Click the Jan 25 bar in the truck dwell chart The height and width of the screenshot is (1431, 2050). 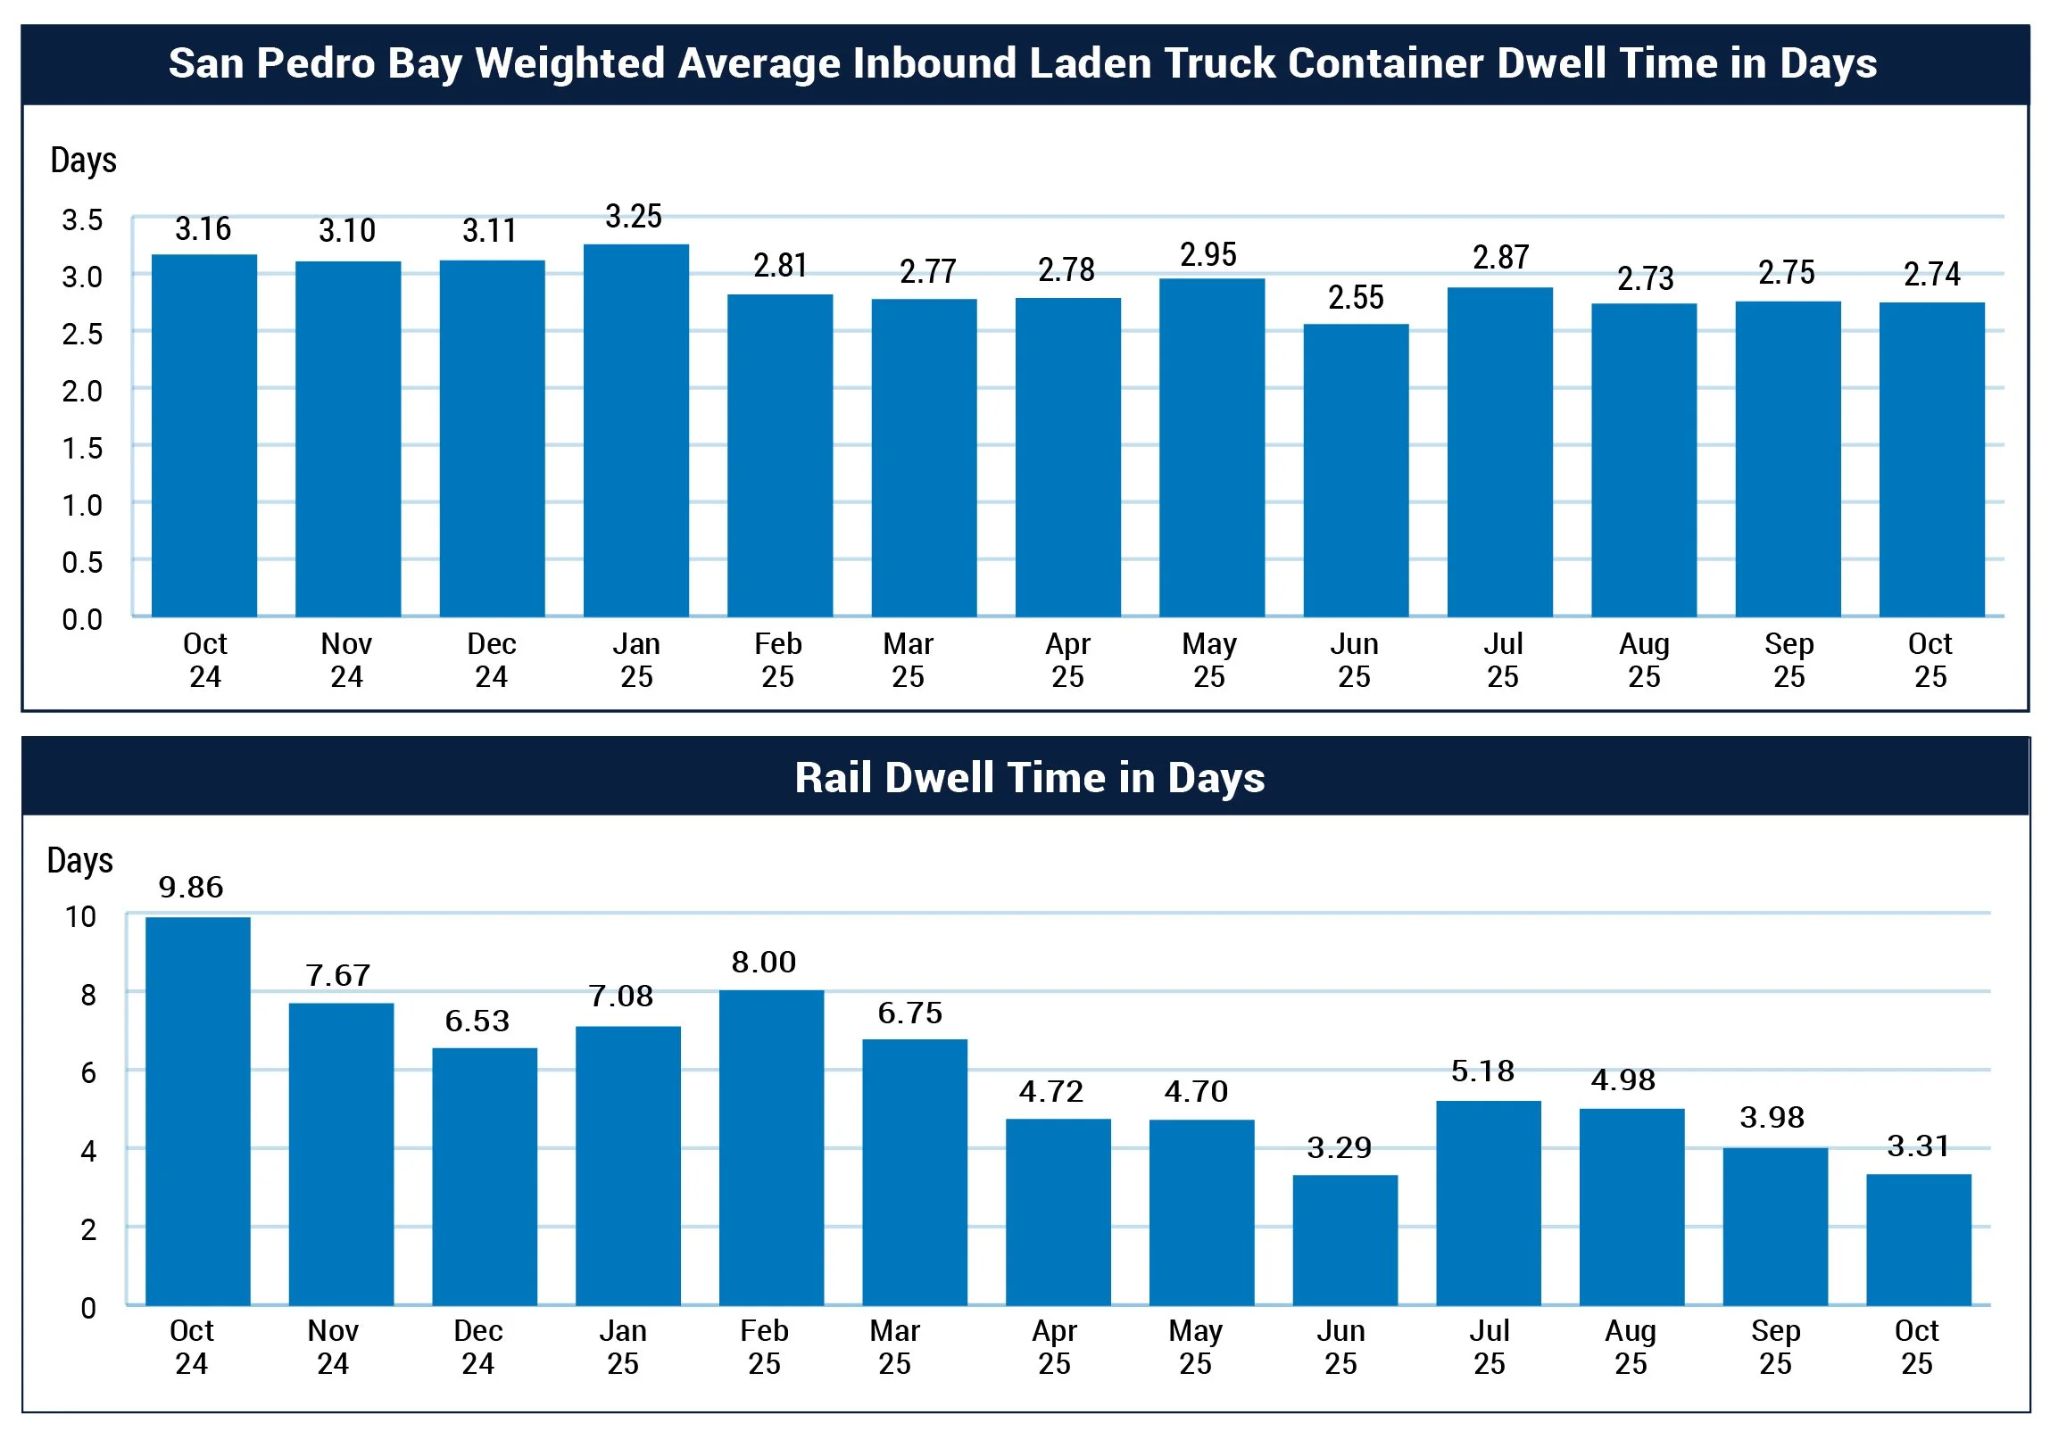click(x=635, y=430)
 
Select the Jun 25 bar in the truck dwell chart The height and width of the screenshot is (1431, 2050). click(x=1356, y=470)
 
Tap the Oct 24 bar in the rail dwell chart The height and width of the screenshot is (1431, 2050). click(x=197, y=1111)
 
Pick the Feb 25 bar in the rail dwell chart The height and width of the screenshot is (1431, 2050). click(x=770, y=1147)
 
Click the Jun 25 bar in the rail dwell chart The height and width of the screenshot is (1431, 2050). click(x=1345, y=1240)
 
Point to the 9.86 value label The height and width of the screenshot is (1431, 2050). click(x=190, y=888)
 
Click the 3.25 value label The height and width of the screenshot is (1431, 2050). click(x=633, y=217)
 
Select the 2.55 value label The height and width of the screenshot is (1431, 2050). click(x=1356, y=298)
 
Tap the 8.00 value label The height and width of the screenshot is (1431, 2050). click(x=763, y=963)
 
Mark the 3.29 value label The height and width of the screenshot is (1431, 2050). click(x=1339, y=1148)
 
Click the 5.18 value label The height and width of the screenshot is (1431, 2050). click(x=1482, y=1071)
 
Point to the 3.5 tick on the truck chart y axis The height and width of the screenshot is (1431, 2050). click(x=82, y=220)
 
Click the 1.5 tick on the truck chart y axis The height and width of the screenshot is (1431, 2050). click(x=82, y=448)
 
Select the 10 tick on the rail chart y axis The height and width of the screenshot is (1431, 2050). click(x=80, y=917)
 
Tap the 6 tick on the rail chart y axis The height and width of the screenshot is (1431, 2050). click(x=88, y=1073)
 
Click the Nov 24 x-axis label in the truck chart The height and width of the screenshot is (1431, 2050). click(x=346, y=660)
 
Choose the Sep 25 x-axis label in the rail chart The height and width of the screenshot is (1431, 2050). click(x=1775, y=1347)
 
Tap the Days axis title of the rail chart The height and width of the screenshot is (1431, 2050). click(x=80, y=861)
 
